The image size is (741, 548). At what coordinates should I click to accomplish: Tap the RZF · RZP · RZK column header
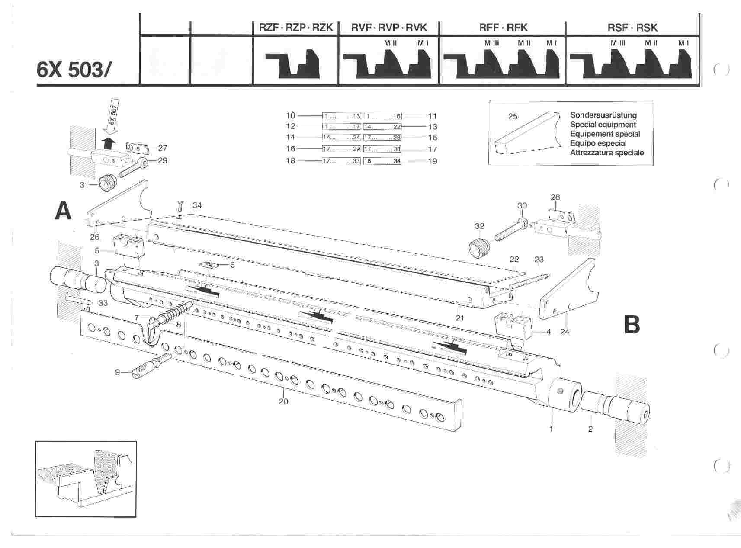(x=293, y=28)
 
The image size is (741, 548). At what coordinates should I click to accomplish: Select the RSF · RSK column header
(x=632, y=28)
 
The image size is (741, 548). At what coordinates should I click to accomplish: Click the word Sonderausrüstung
(x=603, y=115)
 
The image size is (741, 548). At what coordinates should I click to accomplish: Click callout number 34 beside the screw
(x=197, y=205)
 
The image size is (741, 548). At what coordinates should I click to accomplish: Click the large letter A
(x=64, y=212)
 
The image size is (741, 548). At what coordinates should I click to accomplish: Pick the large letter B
(x=632, y=325)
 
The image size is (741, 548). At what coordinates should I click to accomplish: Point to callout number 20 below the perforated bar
(x=283, y=401)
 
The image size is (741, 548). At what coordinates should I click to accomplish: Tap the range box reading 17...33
(x=341, y=161)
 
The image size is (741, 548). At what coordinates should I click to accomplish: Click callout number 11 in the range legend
(x=432, y=116)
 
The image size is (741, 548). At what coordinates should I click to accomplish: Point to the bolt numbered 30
(x=510, y=229)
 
